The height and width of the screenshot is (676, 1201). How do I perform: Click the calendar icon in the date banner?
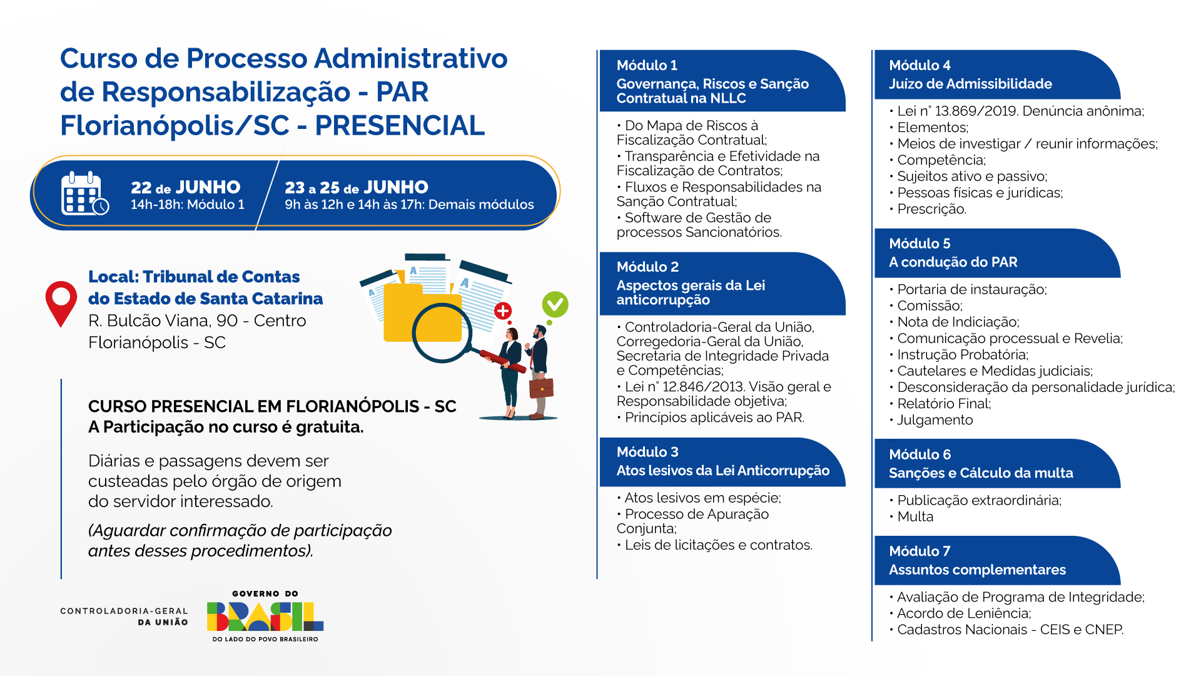(x=85, y=193)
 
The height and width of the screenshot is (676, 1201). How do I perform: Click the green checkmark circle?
(x=555, y=304)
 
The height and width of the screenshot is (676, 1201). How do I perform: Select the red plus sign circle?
(x=503, y=310)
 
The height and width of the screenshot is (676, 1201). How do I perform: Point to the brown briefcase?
(x=541, y=387)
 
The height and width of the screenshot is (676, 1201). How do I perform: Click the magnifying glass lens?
(x=442, y=333)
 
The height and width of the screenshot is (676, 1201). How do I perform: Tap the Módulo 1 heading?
(x=647, y=65)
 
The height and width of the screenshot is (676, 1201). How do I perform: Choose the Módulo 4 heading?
(x=920, y=65)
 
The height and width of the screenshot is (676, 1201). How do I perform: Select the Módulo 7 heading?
(x=920, y=551)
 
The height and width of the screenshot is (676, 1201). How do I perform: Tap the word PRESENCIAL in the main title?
(x=400, y=125)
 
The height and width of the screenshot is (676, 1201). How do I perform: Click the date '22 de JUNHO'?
(x=186, y=187)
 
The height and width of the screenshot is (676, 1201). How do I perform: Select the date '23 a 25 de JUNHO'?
(x=357, y=187)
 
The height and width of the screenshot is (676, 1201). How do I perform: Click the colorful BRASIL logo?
(x=265, y=617)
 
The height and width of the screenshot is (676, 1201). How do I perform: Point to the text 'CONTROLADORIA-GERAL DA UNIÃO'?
(x=124, y=617)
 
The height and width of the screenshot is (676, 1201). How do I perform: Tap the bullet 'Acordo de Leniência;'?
(x=960, y=613)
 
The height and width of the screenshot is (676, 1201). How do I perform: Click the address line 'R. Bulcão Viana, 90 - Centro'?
(x=197, y=320)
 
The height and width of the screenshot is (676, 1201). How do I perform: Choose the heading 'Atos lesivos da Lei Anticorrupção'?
(x=722, y=471)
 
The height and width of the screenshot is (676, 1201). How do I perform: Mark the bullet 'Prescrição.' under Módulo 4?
(x=928, y=209)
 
